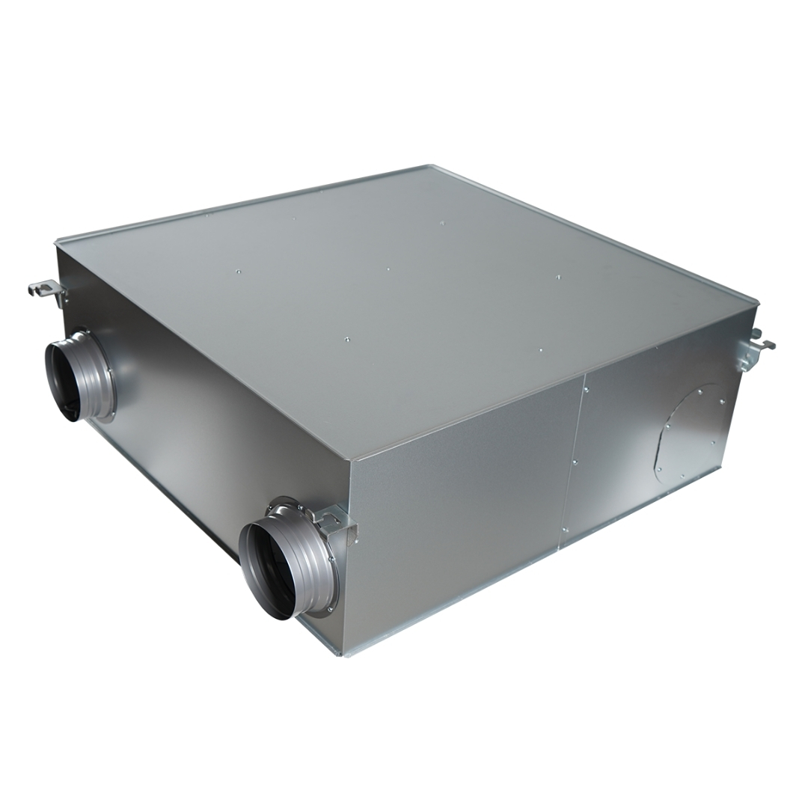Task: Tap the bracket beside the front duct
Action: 337,521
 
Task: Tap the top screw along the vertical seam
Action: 587,389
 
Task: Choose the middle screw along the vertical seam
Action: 575,463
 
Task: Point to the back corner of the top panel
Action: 428,166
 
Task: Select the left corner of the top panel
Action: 57,242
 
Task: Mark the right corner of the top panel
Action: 757,302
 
